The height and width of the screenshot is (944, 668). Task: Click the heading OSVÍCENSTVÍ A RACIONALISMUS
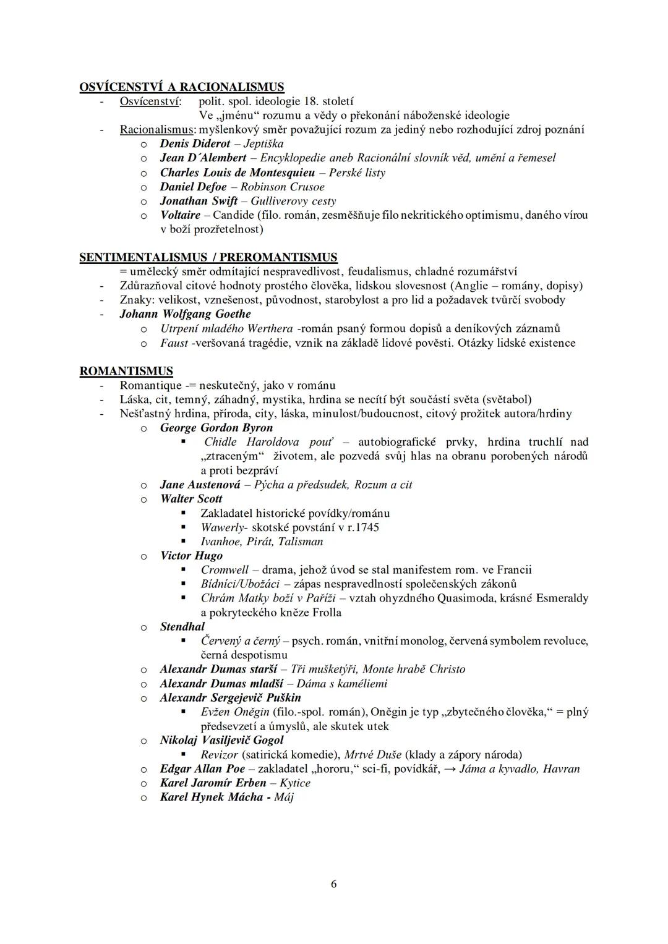(182, 87)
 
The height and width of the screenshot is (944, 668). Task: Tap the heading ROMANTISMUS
(126, 372)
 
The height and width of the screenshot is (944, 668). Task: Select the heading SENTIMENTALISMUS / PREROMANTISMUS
(208, 257)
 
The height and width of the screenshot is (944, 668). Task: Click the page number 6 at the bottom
(334, 884)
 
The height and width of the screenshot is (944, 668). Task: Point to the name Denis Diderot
(195, 144)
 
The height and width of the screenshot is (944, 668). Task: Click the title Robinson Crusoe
(282, 187)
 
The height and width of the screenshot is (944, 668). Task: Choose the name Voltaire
(180, 215)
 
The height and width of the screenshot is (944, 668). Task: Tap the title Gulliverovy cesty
(293, 201)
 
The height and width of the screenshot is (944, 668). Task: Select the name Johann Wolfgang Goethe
(185, 314)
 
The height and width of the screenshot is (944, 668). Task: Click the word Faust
(174, 343)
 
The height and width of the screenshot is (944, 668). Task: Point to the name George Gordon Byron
(216, 428)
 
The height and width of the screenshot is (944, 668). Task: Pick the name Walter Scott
(191, 499)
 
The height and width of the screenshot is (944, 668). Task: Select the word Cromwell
(225, 570)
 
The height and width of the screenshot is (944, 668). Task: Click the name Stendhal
(182, 627)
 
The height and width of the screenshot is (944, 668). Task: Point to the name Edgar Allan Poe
(200, 769)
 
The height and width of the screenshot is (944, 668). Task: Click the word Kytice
(294, 783)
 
